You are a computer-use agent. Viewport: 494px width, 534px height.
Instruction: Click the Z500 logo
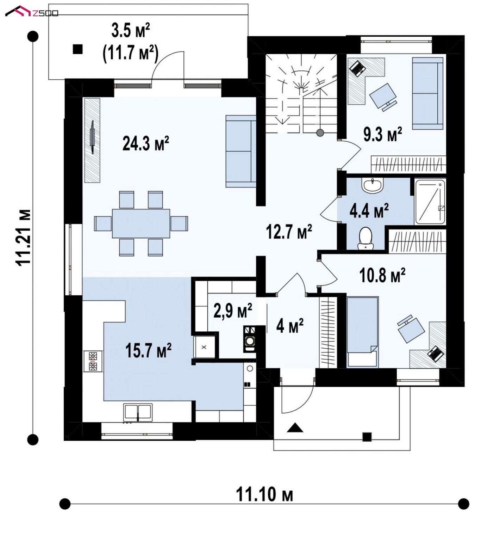tap(32, 12)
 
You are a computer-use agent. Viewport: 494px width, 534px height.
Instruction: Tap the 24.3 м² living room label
tap(146, 143)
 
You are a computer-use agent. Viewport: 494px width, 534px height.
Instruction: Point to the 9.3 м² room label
tap(383, 134)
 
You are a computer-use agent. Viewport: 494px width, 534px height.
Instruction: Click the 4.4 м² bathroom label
tap(369, 210)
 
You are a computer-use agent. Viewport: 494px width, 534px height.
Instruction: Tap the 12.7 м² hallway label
tap(289, 232)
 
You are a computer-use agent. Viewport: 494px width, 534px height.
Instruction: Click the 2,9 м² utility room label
tap(233, 311)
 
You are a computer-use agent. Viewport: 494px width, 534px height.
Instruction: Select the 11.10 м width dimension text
tap(264, 494)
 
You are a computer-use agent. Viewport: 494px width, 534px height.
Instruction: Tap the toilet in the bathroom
tap(365, 238)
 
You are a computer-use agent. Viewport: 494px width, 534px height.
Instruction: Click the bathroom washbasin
tap(373, 185)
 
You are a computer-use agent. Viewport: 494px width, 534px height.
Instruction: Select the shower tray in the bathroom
tap(430, 202)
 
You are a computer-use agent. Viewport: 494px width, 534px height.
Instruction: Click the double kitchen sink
tap(138, 412)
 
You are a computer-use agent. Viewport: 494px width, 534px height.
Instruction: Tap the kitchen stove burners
tap(93, 361)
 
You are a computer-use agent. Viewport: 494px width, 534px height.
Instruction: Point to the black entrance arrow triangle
tap(295, 428)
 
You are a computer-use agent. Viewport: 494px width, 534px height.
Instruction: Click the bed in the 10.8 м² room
tap(362, 332)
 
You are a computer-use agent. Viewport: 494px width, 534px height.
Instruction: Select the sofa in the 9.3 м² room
tap(428, 93)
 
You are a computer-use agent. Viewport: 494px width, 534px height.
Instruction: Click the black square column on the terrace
tap(77, 49)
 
